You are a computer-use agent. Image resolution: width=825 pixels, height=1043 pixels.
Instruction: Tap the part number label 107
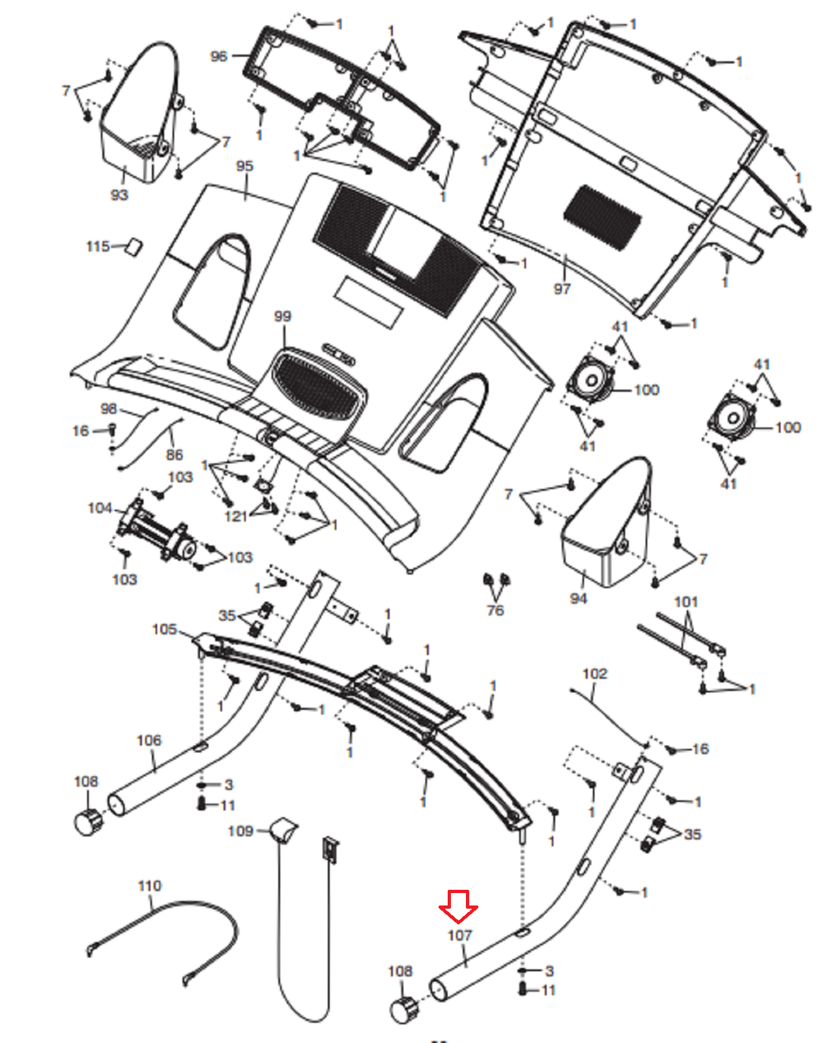tap(459, 935)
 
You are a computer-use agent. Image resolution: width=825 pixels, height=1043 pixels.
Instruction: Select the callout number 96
tap(219, 57)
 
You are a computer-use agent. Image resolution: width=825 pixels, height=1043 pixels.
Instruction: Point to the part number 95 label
tap(244, 166)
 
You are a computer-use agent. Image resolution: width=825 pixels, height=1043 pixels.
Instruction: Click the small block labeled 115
tap(134, 246)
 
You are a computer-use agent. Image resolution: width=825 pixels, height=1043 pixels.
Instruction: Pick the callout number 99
tap(283, 316)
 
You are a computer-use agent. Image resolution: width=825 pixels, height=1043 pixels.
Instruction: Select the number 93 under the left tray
tap(119, 195)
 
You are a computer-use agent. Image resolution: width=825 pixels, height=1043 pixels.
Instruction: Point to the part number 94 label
tap(578, 598)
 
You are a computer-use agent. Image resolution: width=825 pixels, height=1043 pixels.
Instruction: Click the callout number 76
tap(495, 610)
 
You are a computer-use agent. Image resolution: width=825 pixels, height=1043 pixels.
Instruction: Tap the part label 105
tap(164, 629)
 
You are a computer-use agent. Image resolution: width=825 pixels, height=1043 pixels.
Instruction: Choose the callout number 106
tap(149, 741)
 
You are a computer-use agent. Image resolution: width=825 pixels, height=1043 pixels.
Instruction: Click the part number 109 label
tap(240, 831)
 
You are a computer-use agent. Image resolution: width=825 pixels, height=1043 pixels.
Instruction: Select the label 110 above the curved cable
tap(149, 886)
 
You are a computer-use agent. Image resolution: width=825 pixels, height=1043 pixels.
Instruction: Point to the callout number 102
tap(594, 673)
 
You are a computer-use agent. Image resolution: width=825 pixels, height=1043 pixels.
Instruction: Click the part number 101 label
tap(686, 602)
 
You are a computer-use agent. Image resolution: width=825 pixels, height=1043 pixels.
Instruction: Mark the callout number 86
tap(175, 454)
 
